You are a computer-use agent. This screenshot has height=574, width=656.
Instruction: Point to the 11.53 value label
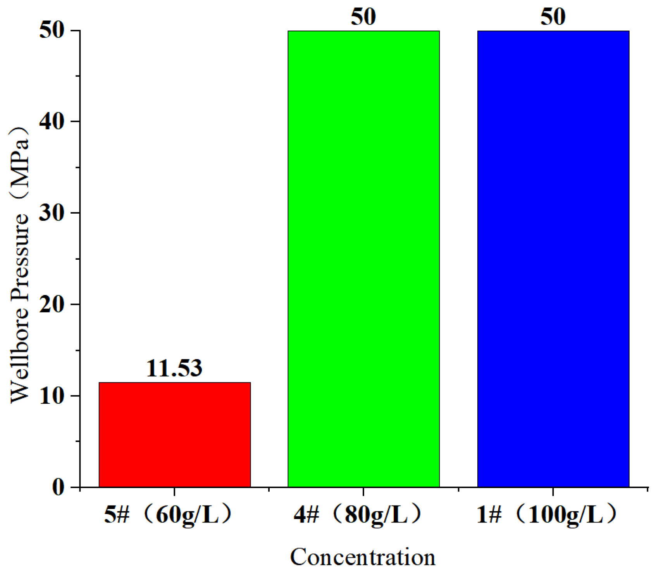coord(174,368)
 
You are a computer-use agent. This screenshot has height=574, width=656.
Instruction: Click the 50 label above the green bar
coord(363,17)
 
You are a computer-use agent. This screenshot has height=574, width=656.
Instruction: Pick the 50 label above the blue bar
coord(553,17)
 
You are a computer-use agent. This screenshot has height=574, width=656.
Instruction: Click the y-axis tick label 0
coord(59,487)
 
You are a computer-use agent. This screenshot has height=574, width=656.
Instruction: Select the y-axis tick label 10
coord(52,396)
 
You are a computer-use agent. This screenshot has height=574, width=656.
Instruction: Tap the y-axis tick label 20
coord(52,305)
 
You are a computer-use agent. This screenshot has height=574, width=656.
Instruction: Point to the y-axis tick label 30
coord(52,213)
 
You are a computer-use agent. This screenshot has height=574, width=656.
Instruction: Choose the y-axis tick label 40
coord(52,122)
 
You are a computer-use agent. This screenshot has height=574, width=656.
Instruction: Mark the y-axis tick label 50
coord(52,30)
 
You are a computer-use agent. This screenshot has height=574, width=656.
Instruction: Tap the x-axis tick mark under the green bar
coord(363,492)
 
